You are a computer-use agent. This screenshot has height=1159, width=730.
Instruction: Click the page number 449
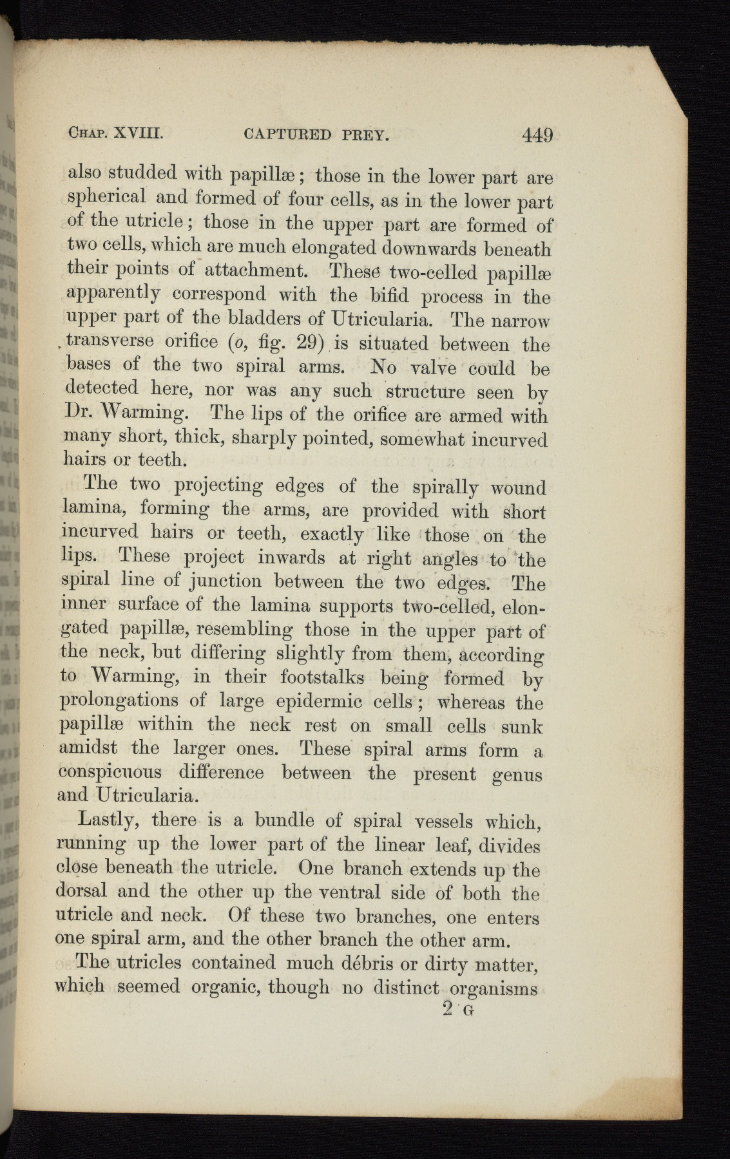(538, 135)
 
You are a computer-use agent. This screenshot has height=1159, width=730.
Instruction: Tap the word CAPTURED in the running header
(288, 135)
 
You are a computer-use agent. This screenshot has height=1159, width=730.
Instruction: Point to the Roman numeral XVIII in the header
(139, 134)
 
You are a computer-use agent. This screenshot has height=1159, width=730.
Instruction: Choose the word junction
(220, 582)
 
